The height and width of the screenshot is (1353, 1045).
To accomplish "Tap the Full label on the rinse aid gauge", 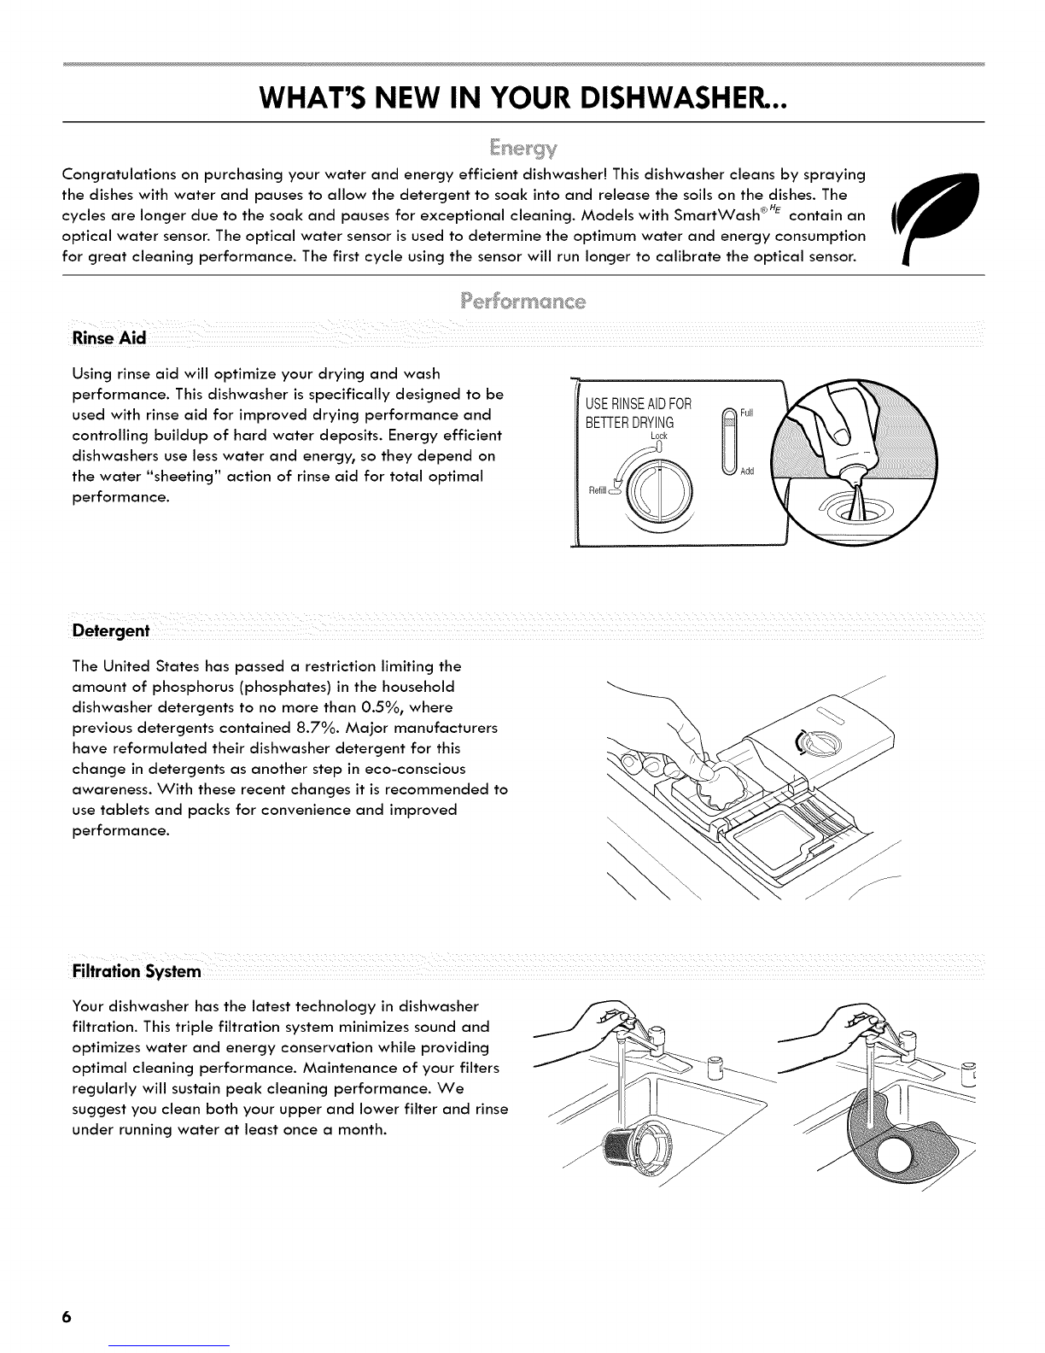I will pos(746,413).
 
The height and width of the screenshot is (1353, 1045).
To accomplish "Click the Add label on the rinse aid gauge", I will pos(747,472).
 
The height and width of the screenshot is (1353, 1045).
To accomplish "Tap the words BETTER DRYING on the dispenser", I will pos(630,423).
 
